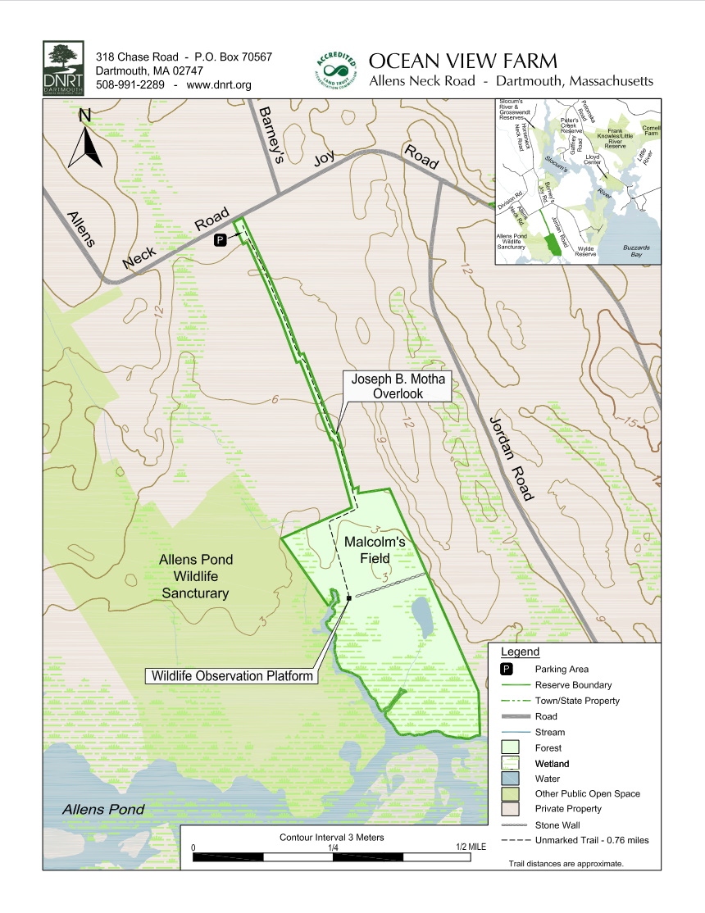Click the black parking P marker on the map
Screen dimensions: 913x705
(x=220, y=239)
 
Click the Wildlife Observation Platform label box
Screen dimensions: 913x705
(x=232, y=676)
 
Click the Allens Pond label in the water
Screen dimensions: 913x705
(x=104, y=810)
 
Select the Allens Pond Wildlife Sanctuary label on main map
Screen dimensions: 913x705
(x=195, y=576)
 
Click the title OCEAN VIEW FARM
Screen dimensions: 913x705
(x=463, y=61)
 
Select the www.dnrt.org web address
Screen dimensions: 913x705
(x=219, y=84)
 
